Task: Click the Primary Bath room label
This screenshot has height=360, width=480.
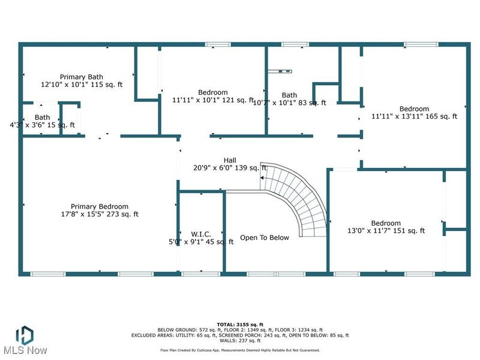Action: [x=81, y=77]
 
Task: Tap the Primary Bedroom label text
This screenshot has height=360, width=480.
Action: [x=99, y=206]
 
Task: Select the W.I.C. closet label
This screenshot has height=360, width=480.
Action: [x=200, y=233]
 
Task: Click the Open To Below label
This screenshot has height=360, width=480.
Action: [x=264, y=238]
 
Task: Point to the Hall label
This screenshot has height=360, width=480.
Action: [x=230, y=160]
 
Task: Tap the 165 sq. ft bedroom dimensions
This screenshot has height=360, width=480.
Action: [x=414, y=116]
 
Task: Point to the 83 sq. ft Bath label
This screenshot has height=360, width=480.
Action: [x=289, y=95]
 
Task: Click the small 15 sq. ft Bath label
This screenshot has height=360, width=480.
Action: [x=42, y=117]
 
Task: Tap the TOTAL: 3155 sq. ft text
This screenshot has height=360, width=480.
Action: [x=239, y=324]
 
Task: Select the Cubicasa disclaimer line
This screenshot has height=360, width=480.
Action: [x=239, y=350]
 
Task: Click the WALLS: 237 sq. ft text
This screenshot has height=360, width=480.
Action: [x=239, y=341]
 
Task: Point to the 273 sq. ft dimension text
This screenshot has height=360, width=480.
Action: [x=99, y=214]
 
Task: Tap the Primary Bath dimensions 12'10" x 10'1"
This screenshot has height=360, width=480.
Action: [x=81, y=85]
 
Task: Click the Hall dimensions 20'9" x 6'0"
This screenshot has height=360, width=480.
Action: [x=230, y=168]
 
